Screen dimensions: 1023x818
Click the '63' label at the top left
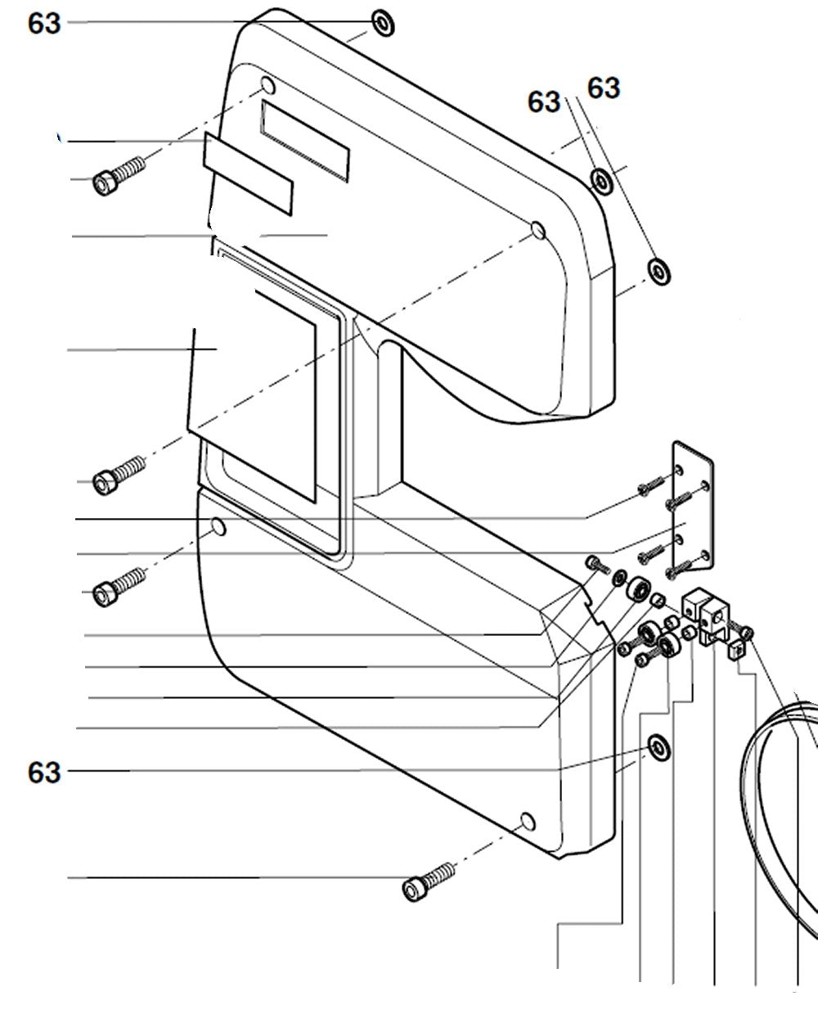pos(44,23)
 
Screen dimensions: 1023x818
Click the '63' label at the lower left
pos(44,771)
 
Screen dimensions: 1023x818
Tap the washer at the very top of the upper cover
pos(384,23)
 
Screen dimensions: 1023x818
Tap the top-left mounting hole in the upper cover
pos(267,85)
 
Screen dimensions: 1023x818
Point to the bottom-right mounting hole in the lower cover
pos(527,821)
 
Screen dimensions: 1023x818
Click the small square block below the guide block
pos(737,650)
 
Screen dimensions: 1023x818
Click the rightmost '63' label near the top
pos(604,88)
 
